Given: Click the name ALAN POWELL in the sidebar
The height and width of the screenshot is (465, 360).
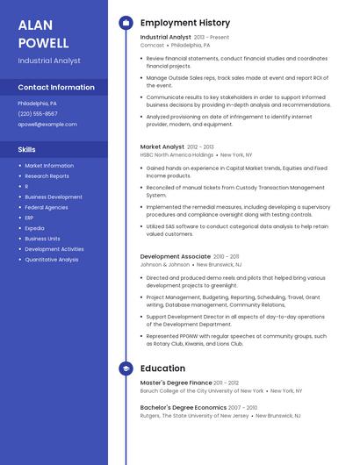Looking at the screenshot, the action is (x=43, y=33).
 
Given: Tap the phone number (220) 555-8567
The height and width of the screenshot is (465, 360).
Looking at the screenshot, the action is (x=38, y=113).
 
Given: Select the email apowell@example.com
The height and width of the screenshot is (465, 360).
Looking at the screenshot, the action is (x=47, y=124).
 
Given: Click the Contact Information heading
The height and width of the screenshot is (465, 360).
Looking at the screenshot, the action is (x=56, y=87).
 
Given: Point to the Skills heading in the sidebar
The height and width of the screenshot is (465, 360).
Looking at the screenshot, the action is (x=27, y=149).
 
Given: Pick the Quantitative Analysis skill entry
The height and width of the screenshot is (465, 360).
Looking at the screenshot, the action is (x=52, y=260).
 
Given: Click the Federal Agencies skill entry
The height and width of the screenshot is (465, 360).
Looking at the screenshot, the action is (x=47, y=207).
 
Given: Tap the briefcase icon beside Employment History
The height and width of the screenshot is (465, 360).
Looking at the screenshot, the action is (x=126, y=23).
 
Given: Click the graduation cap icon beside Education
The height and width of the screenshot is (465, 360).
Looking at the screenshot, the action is (x=126, y=368).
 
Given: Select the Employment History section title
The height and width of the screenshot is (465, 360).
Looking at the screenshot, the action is (x=185, y=23).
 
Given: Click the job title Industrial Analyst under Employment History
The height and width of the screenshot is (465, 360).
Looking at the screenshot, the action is (x=165, y=37).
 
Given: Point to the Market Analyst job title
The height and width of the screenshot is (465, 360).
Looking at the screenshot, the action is (x=162, y=147).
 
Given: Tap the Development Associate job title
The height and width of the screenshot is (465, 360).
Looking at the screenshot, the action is (x=176, y=256).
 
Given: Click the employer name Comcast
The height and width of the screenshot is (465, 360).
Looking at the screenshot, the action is (x=152, y=45).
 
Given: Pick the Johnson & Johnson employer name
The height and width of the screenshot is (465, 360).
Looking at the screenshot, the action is (x=165, y=264).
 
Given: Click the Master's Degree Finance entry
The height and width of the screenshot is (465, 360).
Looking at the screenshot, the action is (x=176, y=383).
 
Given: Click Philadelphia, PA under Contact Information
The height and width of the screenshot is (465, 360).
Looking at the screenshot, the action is (x=38, y=103).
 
